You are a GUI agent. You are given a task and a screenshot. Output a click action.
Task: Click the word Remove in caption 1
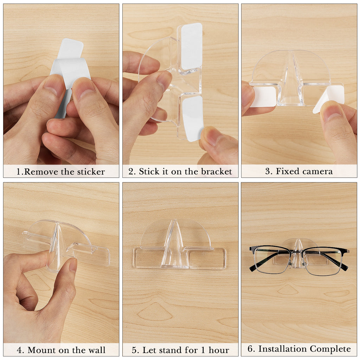click(x=41, y=172)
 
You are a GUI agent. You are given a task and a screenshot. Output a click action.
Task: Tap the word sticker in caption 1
click(x=91, y=172)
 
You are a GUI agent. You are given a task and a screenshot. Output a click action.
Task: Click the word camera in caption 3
click(x=316, y=171)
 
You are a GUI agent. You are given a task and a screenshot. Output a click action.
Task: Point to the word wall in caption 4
click(x=96, y=350)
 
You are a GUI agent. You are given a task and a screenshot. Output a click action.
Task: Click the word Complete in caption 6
click(x=330, y=349)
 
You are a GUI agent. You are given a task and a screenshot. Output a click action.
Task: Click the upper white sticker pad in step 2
click(x=192, y=47)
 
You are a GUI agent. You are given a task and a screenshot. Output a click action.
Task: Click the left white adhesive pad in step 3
click(x=264, y=97)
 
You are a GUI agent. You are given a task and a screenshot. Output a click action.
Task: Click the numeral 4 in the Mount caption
click(x=20, y=350)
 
